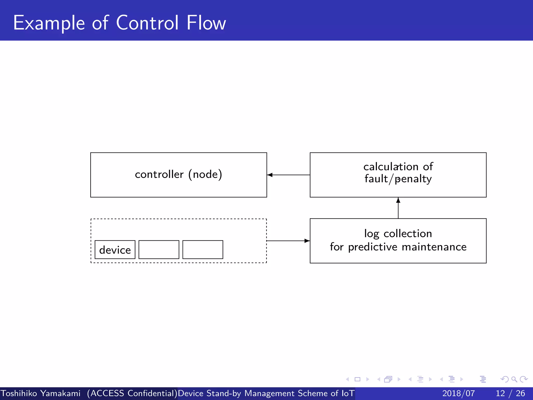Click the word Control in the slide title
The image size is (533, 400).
[147, 23]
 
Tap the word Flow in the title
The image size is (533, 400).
[206, 23]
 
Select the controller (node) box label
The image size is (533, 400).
[179, 174]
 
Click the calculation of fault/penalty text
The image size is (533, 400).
[398, 173]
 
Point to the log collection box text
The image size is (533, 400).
[398, 240]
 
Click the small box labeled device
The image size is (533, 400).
[115, 250]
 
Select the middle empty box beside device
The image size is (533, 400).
[159, 249]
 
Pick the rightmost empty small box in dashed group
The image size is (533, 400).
[203, 249]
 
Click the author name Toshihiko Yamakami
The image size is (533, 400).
[40, 393]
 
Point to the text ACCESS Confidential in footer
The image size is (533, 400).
[132, 393]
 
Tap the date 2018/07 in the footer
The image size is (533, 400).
[459, 393]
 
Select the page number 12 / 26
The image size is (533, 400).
[510, 393]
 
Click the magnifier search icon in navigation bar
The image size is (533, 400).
[514, 379]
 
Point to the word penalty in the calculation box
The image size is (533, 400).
[413, 179]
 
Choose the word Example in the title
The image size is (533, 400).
[49, 23]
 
